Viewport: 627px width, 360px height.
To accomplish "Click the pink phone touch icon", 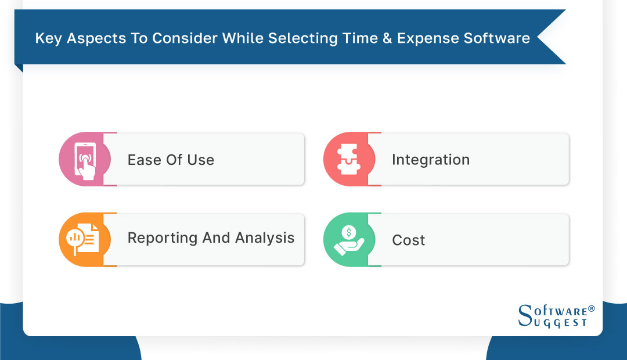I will [85, 159].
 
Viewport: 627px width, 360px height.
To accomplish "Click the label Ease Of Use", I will [171, 160].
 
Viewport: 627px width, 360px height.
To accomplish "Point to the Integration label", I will [431, 160].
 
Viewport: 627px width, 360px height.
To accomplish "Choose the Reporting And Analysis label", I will [211, 238].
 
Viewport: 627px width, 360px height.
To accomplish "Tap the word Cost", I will [409, 240].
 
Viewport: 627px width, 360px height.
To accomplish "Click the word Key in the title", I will [47, 39].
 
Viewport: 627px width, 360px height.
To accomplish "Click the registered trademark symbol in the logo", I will [591, 309].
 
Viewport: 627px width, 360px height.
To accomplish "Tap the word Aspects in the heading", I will [92, 39].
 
